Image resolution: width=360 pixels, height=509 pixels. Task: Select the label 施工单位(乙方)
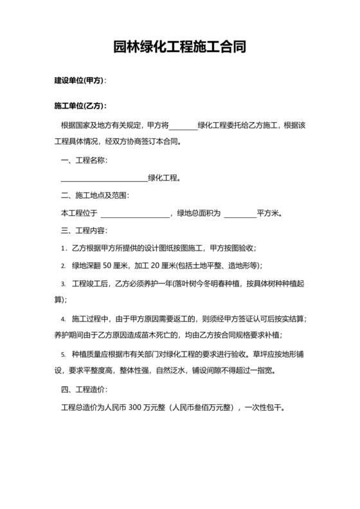[x=78, y=105]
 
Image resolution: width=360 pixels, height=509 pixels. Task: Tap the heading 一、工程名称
[x=83, y=159]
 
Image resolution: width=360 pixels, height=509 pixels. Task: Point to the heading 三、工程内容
[x=83, y=230]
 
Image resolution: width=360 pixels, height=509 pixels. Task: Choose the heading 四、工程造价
[x=83, y=389]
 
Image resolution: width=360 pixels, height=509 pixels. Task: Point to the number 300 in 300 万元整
[x=135, y=407]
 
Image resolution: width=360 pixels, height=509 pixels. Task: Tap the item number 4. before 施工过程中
[x=63, y=319]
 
